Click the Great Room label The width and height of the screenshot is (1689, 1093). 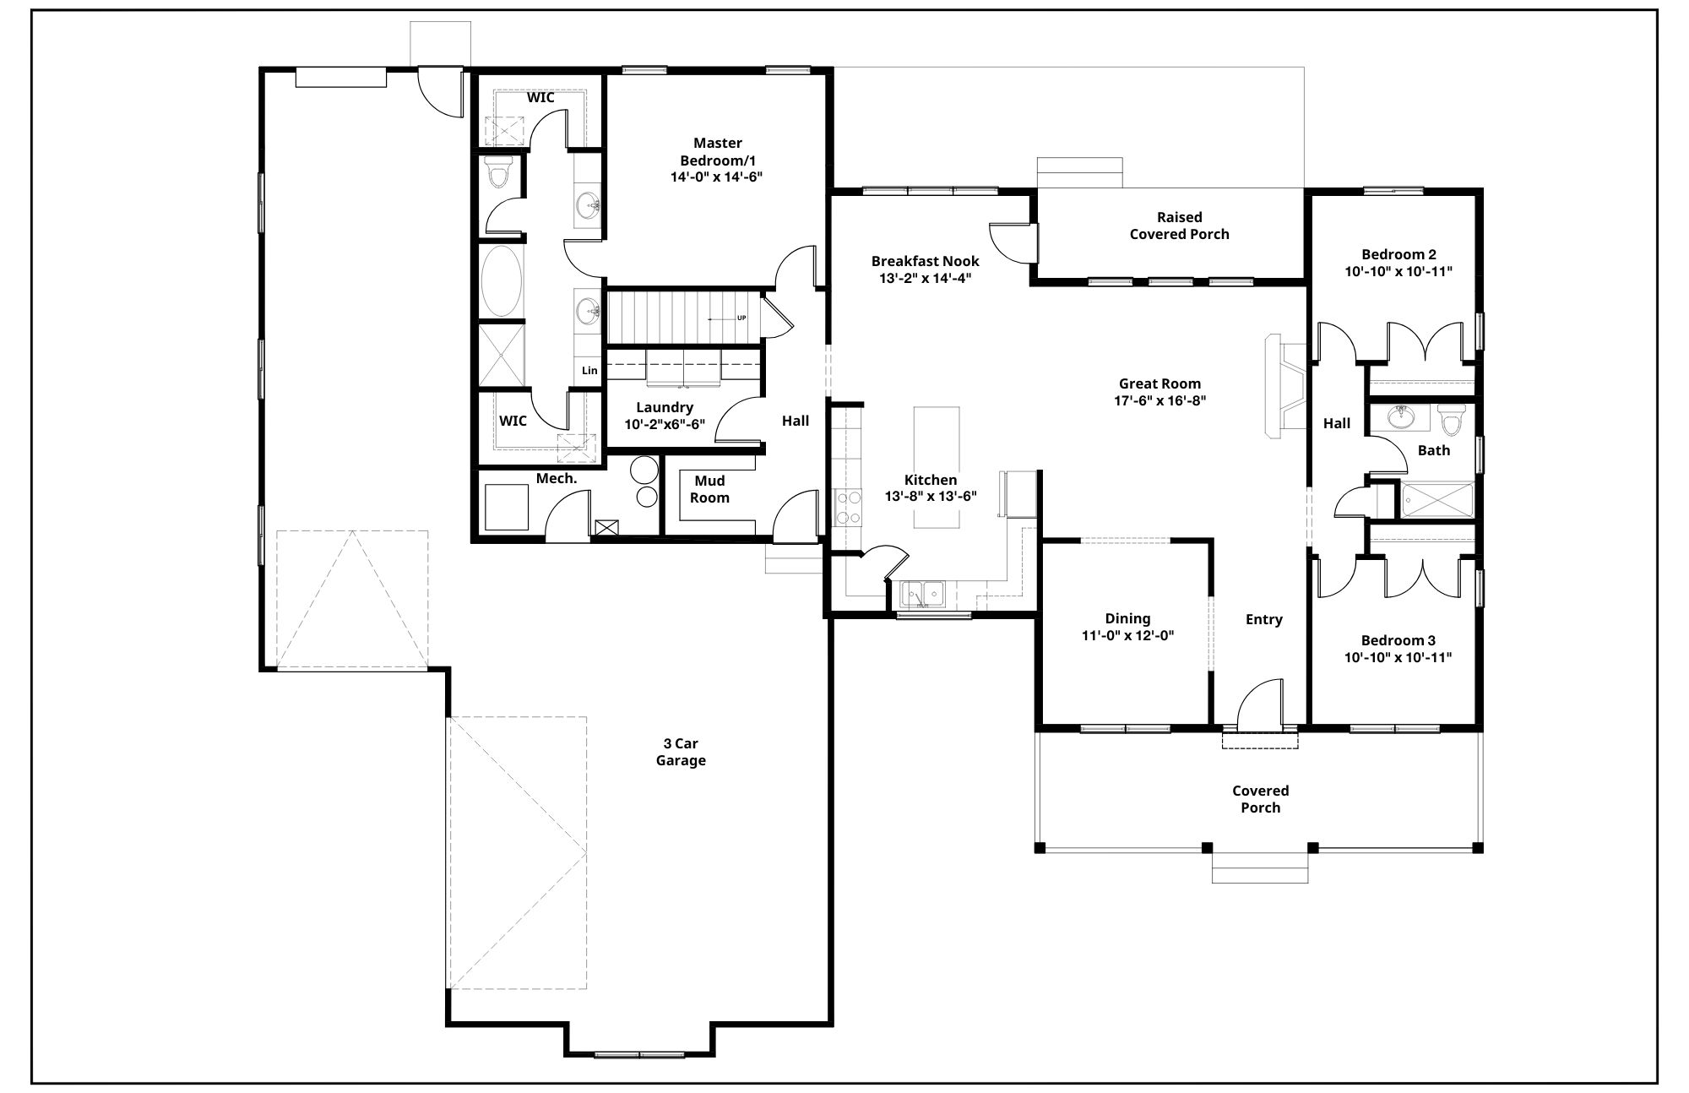click(1159, 383)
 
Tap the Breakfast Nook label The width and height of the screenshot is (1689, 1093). click(926, 261)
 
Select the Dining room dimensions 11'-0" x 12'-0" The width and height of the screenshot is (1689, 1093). click(1127, 636)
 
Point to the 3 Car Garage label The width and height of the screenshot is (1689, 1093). click(681, 752)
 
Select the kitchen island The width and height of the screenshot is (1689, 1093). click(937, 468)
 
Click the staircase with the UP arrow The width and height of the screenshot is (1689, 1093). click(683, 318)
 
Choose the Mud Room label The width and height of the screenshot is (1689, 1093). click(709, 489)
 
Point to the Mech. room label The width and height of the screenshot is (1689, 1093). click(557, 478)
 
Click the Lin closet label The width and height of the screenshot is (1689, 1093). click(589, 370)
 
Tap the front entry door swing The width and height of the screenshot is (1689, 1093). click(1260, 703)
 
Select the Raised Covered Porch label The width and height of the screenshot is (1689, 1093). click(1179, 226)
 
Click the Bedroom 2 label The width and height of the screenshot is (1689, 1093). click(1398, 254)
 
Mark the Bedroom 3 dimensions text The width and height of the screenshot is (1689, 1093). click(1398, 657)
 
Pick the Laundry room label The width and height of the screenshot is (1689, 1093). click(665, 407)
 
